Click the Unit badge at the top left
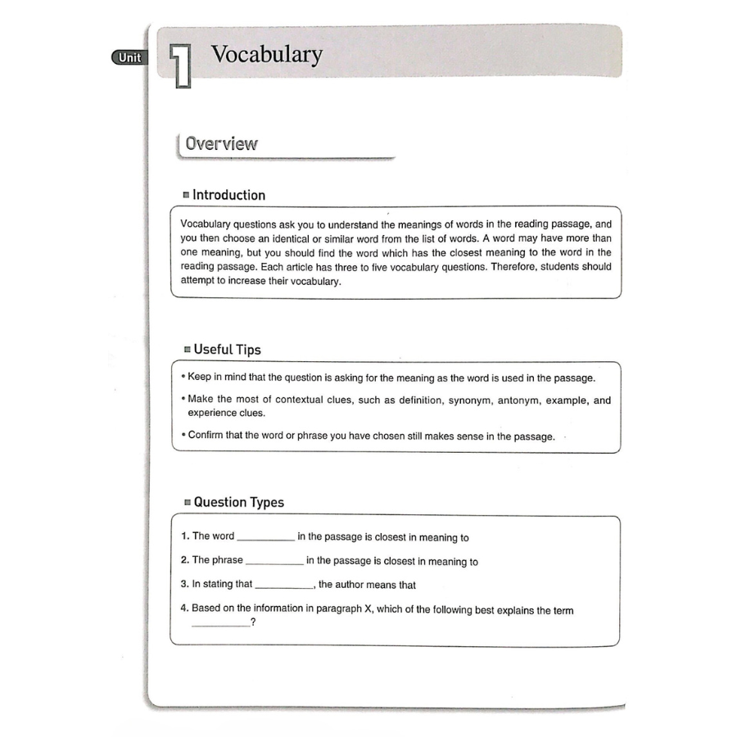coord(129,57)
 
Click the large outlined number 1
coord(180,65)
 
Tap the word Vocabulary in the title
coord(267,55)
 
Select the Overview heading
coord(221,144)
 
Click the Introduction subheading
coord(228,195)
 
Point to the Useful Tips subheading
coord(227,350)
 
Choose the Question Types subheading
coord(238,503)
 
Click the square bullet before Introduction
coord(186,196)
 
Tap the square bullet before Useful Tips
coord(187,350)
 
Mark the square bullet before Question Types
coord(187,503)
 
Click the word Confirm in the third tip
coord(206,436)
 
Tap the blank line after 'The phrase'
coord(274,563)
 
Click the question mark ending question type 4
coord(254,623)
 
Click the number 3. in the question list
coord(184,585)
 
